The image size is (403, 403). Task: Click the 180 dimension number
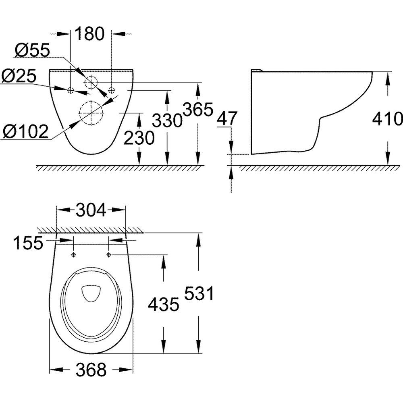coord(90,33)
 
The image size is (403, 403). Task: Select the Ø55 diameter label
coord(32,50)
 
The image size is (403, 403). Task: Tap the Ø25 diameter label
coord(19,76)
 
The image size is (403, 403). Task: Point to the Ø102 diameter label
coord(25,132)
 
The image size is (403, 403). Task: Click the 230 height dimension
coord(139,138)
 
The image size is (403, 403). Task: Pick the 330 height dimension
coord(167,120)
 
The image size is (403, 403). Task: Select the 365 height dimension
coord(198,109)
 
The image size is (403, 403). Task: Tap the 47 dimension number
coord(226,118)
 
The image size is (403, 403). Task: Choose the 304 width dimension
coord(91,210)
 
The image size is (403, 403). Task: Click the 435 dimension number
coord(164,305)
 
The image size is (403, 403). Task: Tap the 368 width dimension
coord(91,370)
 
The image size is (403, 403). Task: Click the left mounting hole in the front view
coord(71,90)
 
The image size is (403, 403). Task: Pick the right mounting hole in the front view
coord(112,90)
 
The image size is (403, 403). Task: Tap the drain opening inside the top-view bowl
coord(91,293)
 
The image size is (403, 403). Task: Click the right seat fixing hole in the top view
coord(108,254)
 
